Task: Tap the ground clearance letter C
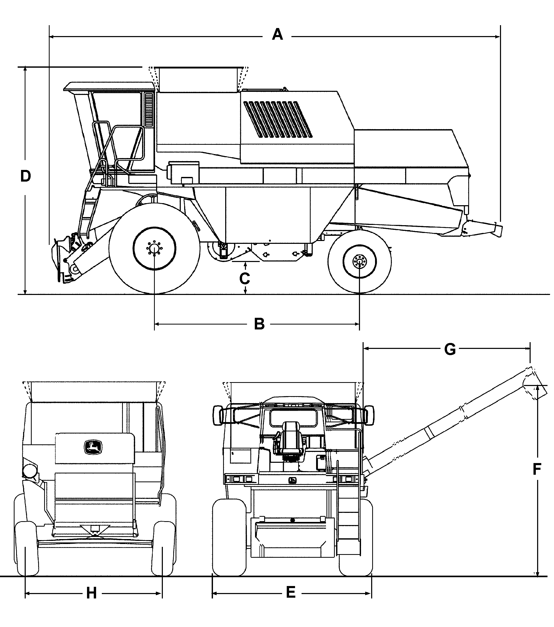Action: (x=244, y=279)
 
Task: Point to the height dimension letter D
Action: (x=25, y=176)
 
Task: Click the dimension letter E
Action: (x=291, y=592)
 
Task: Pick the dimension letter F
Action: (x=537, y=470)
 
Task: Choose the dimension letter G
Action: (x=450, y=349)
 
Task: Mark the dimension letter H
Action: (x=91, y=593)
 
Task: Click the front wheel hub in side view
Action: (x=154, y=249)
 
